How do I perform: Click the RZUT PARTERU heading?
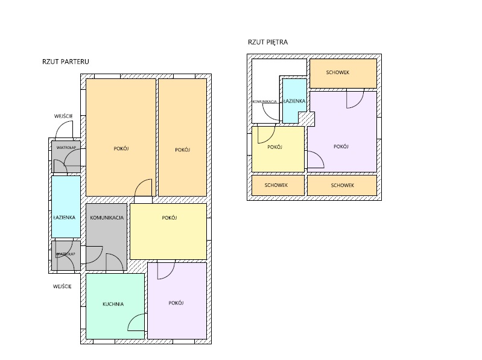pyautogui.click(x=66, y=62)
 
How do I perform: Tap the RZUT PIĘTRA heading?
pyautogui.click(x=268, y=42)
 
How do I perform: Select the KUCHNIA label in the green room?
pyautogui.click(x=113, y=304)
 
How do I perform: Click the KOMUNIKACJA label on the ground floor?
pyautogui.click(x=107, y=218)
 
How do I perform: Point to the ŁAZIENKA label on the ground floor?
pyautogui.click(x=64, y=218)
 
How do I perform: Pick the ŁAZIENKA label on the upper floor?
pyautogui.click(x=294, y=101)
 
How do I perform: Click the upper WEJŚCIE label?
pyautogui.click(x=63, y=116)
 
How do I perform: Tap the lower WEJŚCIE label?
pyautogui.click(x=62, y=286)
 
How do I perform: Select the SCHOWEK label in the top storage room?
pyautogui.click(x=338, y=72)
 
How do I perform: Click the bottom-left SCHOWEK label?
pyautogui.click(x=276, y=185)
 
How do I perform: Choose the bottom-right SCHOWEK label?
pyautogui.click(x=343, y=185)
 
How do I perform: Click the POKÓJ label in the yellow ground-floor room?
pyautogui.click(x=170, y=218)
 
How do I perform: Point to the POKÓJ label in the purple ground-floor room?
pyautogui.click(x=176, y=303)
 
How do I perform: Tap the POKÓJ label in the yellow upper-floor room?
pyautogui.click(x=274, y=147)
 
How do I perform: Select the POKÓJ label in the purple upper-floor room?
pyautogui.click(x=341, y=147)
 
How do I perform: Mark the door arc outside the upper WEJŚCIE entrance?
pyautogui.click(x=60, y=125)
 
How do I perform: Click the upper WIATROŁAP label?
pyautogui.click(x=66, y=148)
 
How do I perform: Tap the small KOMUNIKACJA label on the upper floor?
pyautogui.click(x=265, y=102)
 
